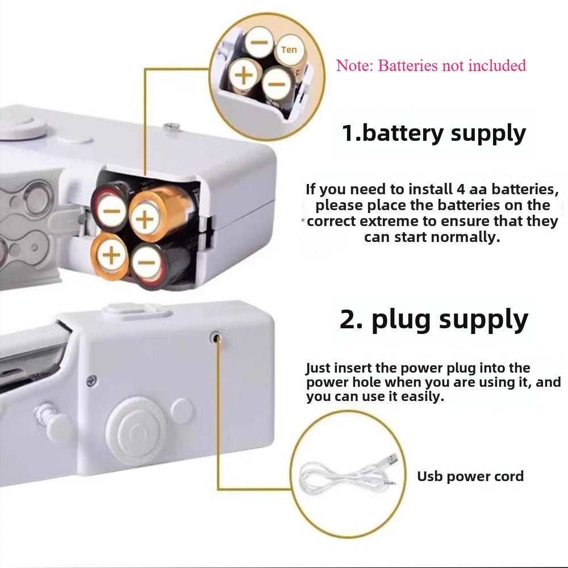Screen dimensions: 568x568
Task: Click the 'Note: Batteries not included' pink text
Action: [431, 66]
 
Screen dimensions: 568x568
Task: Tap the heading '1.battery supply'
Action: [433, 133]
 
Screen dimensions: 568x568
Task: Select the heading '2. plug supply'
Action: [433, 319]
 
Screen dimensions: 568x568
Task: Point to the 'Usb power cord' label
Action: [470, 476]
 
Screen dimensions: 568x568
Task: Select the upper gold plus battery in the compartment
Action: [146, 219]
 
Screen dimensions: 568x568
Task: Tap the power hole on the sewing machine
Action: [216, 337]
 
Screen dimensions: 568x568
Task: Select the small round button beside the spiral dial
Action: [182, 410]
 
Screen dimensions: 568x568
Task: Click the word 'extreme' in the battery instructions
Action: [390, 221]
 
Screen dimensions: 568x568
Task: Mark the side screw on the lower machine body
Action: [90, 379]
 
